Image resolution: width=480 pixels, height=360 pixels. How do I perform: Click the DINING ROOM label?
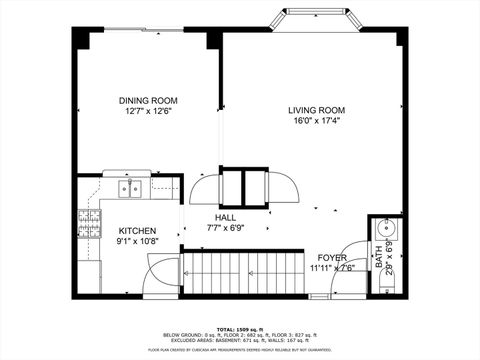click(147, 100)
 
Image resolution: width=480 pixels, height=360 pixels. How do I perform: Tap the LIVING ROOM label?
click(316, 110)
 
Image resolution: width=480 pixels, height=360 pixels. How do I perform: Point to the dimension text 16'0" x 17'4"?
click(316, 121)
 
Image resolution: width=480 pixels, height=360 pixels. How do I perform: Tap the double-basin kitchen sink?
click(130, 187)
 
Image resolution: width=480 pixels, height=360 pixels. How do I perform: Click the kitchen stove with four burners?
click(91, 226)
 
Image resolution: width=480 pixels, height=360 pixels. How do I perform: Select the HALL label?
click(226, 217)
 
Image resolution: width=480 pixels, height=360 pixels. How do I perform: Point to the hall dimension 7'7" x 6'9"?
click(226, 228)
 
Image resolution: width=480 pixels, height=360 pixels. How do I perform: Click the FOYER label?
click(332, 257)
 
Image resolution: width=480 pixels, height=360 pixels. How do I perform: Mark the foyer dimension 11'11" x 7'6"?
click(332, 268)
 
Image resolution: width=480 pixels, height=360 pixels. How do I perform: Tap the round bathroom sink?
click(385, 228)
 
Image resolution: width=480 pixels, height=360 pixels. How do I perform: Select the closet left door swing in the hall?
click(205, 189)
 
